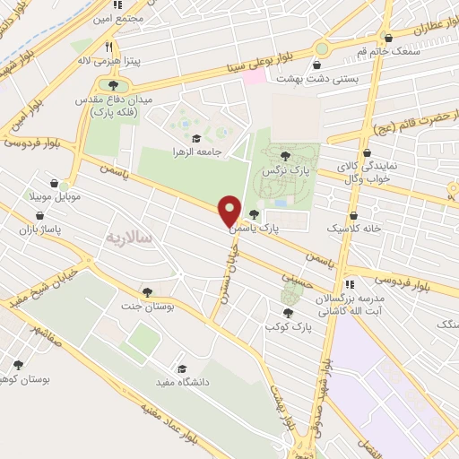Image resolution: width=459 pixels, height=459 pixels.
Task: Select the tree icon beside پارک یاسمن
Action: pos(255,214)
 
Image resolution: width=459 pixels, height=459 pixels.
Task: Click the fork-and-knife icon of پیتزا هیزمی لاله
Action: pos(108,47)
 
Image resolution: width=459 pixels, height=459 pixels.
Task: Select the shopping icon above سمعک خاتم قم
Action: pos(388,39)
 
